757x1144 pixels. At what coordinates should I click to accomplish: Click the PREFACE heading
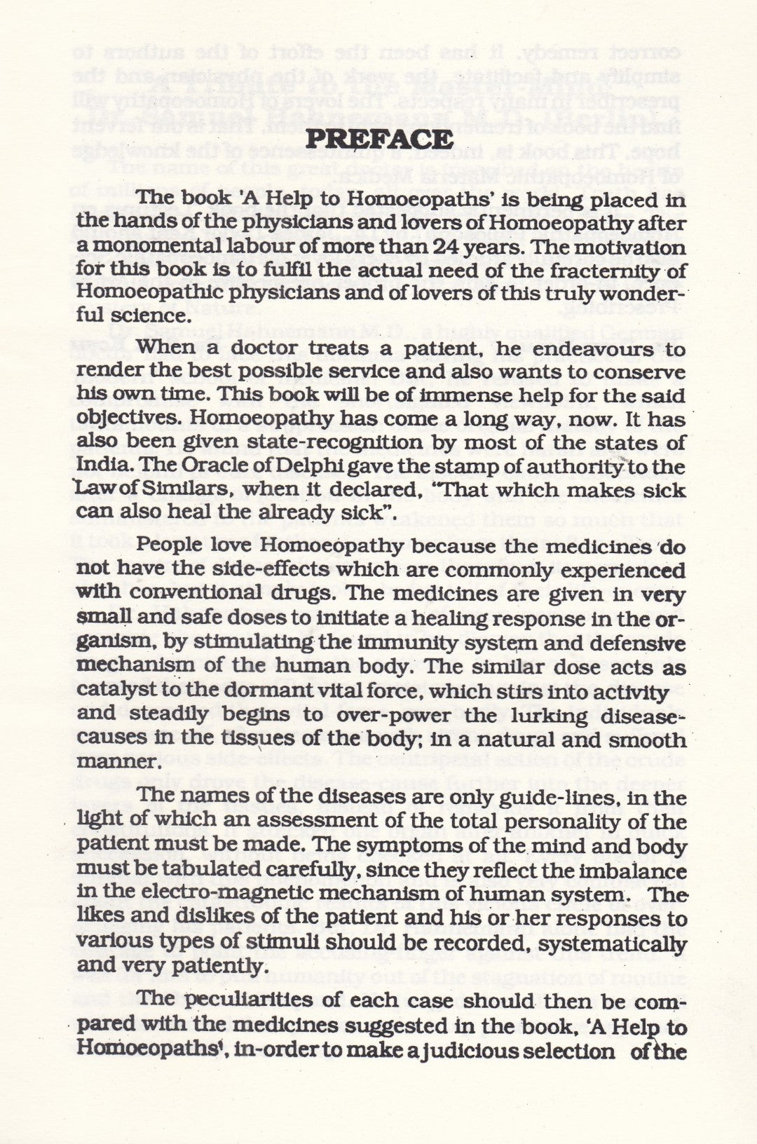point(379,140)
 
